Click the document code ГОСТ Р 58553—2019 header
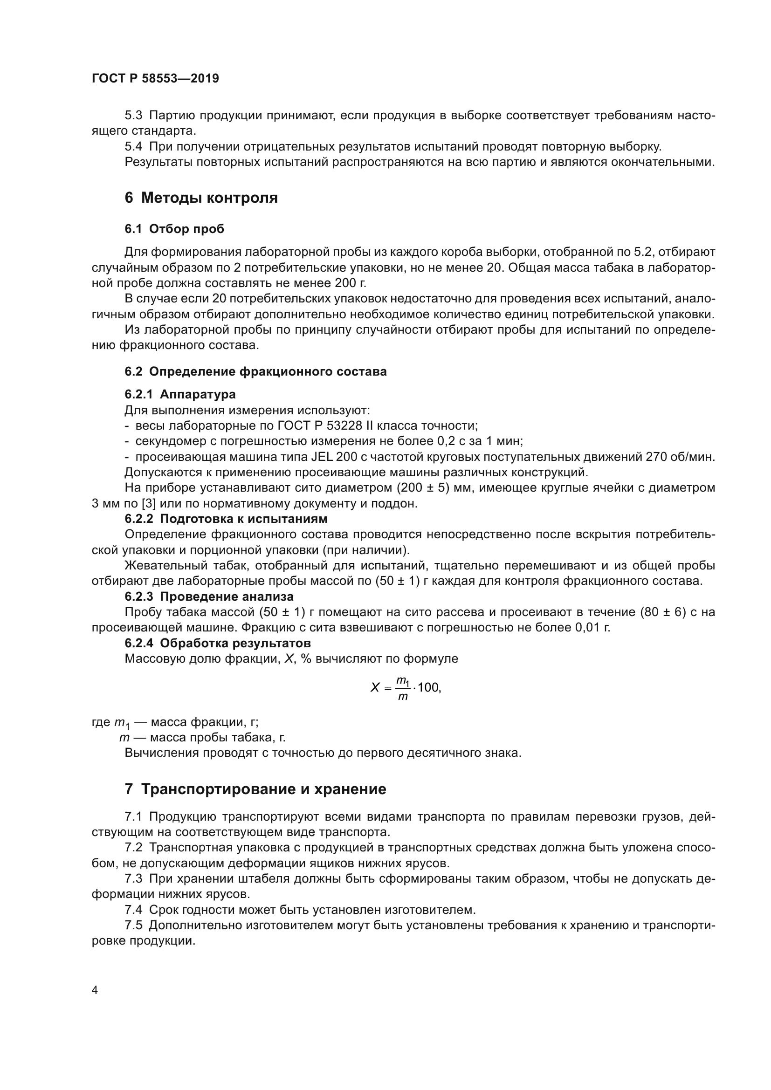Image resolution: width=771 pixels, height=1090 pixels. (155, 78)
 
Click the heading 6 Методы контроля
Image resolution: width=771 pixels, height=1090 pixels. (201, 198)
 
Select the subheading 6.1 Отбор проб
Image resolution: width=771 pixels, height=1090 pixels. (174, 229)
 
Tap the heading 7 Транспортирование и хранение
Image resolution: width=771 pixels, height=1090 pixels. (255, 789)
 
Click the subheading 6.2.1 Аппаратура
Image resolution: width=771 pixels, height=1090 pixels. (180, 394)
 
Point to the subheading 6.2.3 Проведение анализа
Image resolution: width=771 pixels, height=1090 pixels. (209, 596)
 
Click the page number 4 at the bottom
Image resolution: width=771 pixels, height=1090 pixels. (95, 990)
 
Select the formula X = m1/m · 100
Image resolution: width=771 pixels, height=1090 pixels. (406, 687)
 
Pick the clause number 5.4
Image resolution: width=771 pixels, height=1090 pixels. (133, 146)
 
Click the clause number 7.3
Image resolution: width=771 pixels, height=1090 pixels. (133, 878)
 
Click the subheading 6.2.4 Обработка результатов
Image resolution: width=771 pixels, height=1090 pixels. (217, 643)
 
